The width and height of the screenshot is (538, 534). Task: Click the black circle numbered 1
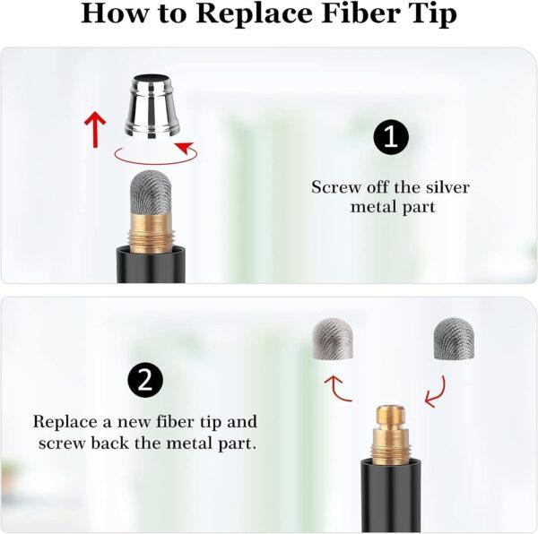click(x=391, y=137)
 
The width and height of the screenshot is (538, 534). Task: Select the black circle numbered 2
click(x=145, y=380)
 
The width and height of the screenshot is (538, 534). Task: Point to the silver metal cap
click(x=152, y=107)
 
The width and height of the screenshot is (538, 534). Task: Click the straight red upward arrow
click(x=95, y=129)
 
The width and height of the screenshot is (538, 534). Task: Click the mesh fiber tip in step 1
click(x=151, y=192)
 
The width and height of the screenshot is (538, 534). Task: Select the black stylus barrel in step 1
click(x=151, y=264)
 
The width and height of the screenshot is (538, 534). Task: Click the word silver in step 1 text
click(x=447, y=187)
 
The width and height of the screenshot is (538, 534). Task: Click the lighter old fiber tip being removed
click(x=334, y=339)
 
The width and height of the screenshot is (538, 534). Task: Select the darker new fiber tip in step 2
click(x=454, y=339)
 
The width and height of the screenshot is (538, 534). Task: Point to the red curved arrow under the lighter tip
click(x=334, y=389)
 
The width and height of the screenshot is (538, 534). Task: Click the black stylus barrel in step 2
click(x=391, y=494)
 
